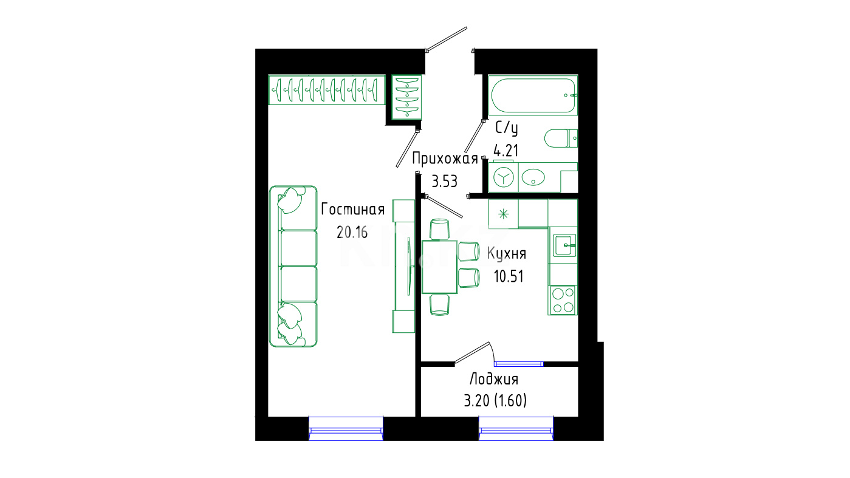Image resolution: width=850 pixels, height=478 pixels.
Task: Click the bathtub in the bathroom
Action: pyautogui.click(x=533, y=95)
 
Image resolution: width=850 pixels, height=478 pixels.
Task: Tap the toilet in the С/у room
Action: pyautogui.click(x=561, y=138)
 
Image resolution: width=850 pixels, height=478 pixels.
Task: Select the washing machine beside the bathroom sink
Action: pyautogui.click(x=503, y=177)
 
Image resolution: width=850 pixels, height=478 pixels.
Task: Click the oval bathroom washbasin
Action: pyautogui.click(x=533, y=177)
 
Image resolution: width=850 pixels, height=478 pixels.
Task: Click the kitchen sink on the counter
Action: pyautogui.click(x=564, y=245)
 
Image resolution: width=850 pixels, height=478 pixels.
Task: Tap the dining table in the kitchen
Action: pyautogui.click(x=439, y=267)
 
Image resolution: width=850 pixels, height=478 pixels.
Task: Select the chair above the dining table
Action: pyautogui.click(x=440, y=229)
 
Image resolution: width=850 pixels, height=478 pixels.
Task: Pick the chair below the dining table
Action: pyautogui.click(x=440, y=305)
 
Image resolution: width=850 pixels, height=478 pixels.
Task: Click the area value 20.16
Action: pyautogui.click(x=352, y=232)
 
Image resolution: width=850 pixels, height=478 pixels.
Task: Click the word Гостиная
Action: pyautogui.click(x=353, y=210)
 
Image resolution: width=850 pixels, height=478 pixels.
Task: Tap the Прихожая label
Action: pyautogui.click(x=445, y=159)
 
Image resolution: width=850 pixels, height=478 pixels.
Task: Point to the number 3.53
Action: pyautogui.click(x=445, y=182)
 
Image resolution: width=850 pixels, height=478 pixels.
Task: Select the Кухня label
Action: pyautogui.click(x=507, y=254)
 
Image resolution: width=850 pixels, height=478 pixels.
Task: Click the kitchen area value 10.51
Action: pyautogui.click(x=509, y=276)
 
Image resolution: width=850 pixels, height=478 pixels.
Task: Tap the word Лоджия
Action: pyautogui.click(x=494, y=379)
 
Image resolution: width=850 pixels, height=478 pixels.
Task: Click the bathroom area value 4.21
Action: pyautogui.click(x=506, y=151)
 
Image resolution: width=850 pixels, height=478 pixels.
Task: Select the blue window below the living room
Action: pyautogui.click(x=346, y=429)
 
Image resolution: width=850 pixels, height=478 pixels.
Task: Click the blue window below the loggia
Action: pyautogui.click(x=516, y=429)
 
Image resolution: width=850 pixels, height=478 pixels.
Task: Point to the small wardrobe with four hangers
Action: pyautogui.click(x=406, y=97)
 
